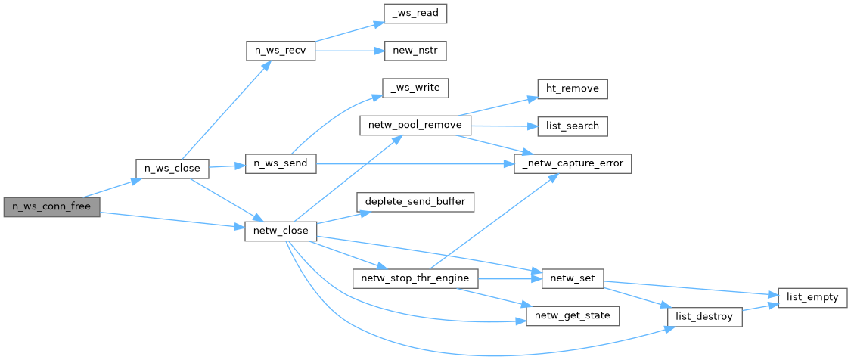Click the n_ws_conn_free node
(x=51, y=206)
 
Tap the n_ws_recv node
(x=280, y=51)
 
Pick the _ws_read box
(x=415, y=13)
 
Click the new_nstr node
(x=415, y=51)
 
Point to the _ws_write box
(x=415, y=88)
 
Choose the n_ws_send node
(x=280, y=164)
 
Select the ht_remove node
(x=573, y=88)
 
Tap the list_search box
(x=573, y=126)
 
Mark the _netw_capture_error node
(x=573, y=163)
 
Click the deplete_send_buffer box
(x=416, y=202)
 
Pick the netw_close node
(x=280, y=231)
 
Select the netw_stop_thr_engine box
(x=416, y=278)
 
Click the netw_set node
(x=573, y=278)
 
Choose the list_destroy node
(x=703, y=316)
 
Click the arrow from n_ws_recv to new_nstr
(x=344, y=51)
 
